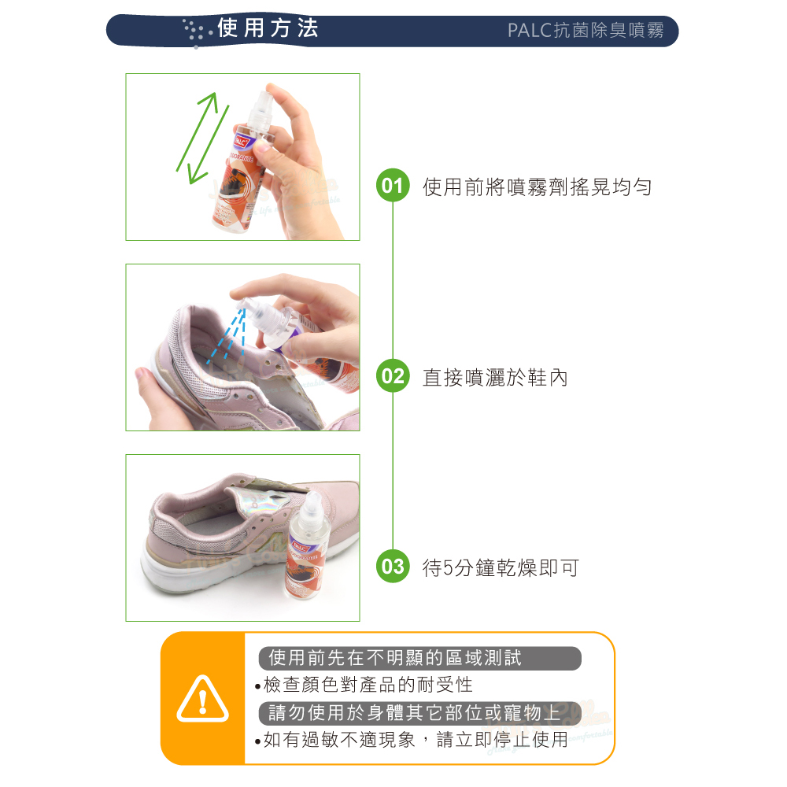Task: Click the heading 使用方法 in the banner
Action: pyautogui.click(x=268, y=28)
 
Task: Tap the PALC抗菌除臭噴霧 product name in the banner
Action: pyautogui.click(x=586, y=30)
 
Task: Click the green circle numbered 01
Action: pyautogui.click(x=393, y=185)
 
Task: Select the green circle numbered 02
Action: pyautogui.click(x=393, y=376)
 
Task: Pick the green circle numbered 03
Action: pyautogui.click(x=393, y=566)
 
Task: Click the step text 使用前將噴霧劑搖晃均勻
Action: pyautogui.click(x=537, y=187)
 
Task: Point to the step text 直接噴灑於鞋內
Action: pyautogui.click(x=495, y=378)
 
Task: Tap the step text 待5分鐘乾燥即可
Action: pyautogui.click(x=501, y=567)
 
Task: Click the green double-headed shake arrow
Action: pyautogui.click(x=203, y=138)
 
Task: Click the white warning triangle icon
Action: pyautogui.click(x=203, y=699)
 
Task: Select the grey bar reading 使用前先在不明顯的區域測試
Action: pyautogui.click(x=419, y=658)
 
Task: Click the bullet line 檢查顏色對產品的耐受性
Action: pyautogui.click(x=364, y=685)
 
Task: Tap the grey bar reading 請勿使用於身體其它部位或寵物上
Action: pyautogui.click(x=419, y=713)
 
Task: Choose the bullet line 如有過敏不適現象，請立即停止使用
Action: pyautogui.click(x=412, y=739)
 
